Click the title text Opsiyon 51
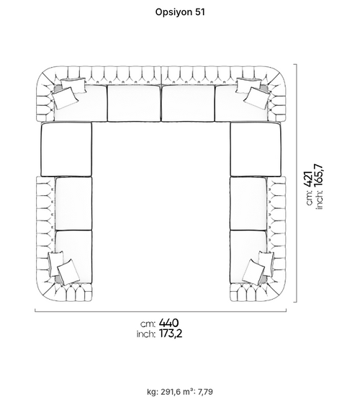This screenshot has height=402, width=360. (180, 12)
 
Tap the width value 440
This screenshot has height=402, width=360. (169, 323)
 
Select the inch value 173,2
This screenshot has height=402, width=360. (171, 334)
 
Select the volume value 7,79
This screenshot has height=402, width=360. (205, 392)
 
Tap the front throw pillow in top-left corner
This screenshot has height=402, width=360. (65, 98)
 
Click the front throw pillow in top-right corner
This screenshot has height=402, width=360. (256, 98)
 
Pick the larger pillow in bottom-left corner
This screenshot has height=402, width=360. (68, 272)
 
